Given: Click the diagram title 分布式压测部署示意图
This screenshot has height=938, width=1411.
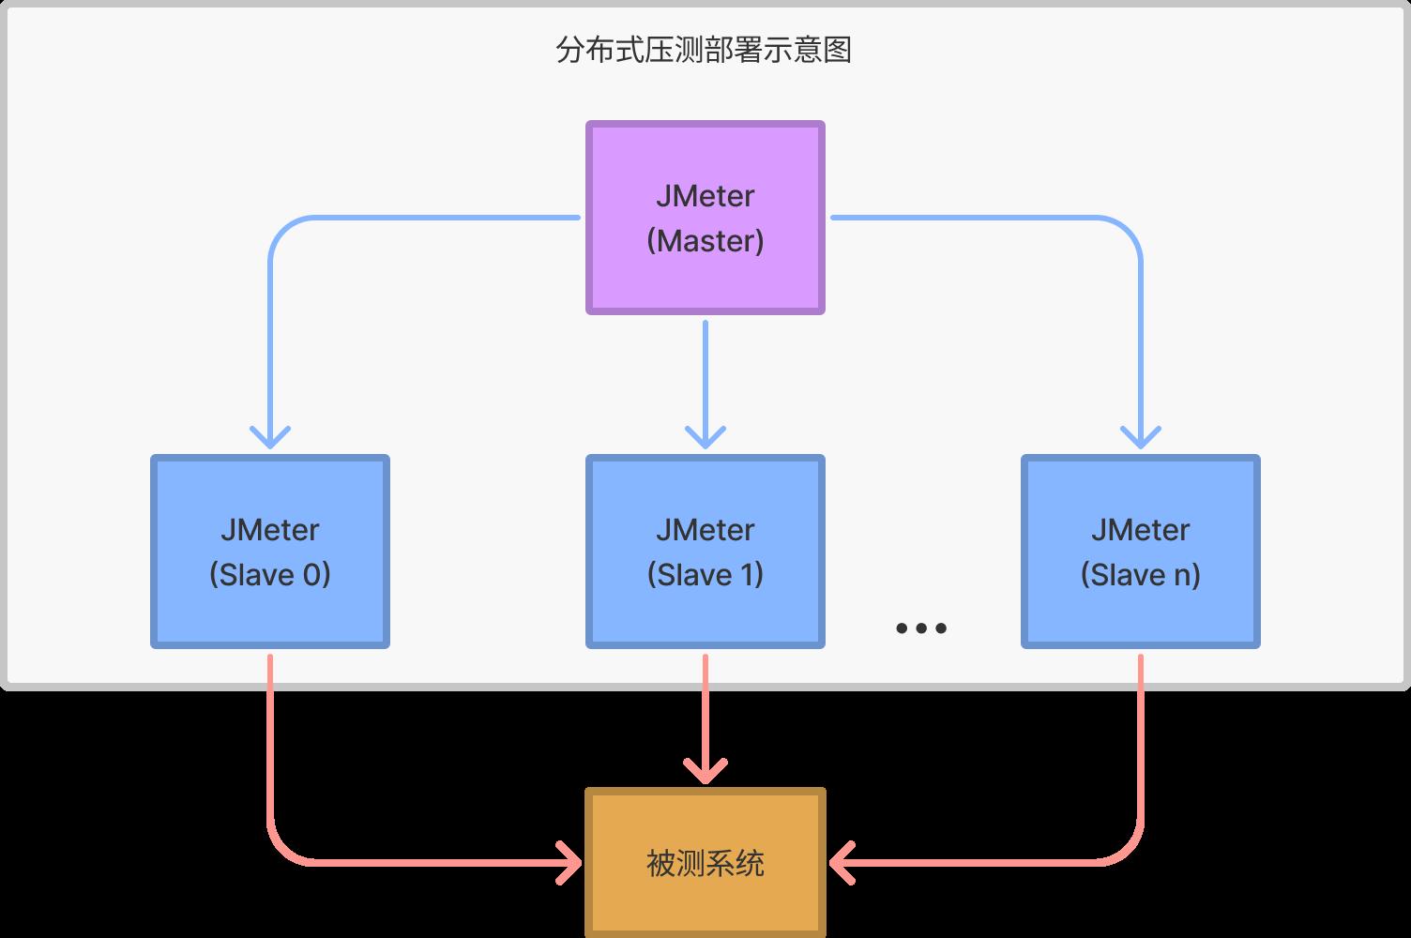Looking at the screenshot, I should pos(704,50).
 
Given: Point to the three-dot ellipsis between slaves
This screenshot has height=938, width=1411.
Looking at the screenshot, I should pos(921,628).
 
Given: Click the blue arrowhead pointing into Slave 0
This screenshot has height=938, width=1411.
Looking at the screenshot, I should pos(270,438).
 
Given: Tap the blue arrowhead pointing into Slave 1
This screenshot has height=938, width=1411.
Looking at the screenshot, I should pos(705,438).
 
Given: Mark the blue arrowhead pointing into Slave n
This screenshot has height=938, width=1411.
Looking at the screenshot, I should pos(1141,438).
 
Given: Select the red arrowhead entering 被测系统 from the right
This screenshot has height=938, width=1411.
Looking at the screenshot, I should pos(841,862).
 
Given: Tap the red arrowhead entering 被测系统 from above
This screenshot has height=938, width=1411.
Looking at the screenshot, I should pos(705,772).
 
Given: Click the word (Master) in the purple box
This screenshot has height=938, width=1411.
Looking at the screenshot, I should pos(705,241).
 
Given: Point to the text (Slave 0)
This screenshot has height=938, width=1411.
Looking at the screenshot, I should pos(270,574).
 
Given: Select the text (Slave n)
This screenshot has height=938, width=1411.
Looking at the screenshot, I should pos(1140,574).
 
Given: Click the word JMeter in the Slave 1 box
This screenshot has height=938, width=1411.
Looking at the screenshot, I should pos(705,530).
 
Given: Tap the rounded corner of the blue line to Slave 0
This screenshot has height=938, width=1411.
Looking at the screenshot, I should pos(283,231).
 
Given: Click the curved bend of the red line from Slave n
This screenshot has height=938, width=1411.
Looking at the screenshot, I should pos(1128,849).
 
